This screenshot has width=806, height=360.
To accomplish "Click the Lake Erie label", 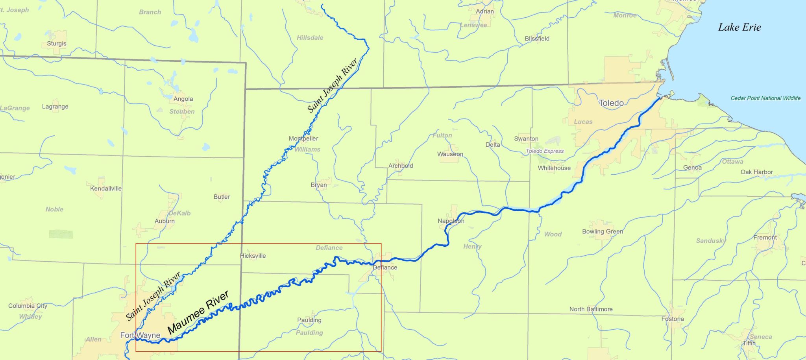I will point(739,27).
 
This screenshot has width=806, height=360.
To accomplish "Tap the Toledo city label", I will point(611,103).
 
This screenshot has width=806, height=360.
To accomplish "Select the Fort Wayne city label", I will point(140,335).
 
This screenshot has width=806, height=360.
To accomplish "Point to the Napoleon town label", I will point(451,221).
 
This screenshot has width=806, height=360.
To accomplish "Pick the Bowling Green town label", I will point(603,231).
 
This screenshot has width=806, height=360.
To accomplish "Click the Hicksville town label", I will point(253,256).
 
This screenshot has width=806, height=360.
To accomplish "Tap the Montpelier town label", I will point(303,138).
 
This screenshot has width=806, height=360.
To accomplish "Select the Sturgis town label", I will point(57,44).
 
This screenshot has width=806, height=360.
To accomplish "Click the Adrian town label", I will point(484,11).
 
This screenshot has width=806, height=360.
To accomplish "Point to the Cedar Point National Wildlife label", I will point(765,98).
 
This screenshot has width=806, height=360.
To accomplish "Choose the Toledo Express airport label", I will point(545,151).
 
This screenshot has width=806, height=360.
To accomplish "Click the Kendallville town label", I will point(106,188).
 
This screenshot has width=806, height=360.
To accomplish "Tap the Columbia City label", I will point(28,306).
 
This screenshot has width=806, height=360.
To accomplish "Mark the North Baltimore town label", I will point(591,309).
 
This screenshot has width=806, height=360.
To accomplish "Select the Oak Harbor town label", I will point(756,172).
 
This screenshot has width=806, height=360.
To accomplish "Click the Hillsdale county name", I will point(310,38).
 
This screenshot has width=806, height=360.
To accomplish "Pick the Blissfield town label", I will point(537,39).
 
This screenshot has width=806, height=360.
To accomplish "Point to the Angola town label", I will point(183,99).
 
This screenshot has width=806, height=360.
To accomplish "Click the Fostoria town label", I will point(673,319).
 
